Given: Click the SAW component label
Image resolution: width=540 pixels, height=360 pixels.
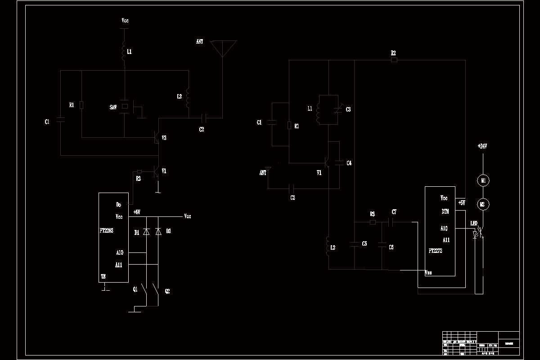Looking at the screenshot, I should click(x=113, y=107).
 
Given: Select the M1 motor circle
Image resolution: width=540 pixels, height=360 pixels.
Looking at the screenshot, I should click(x=483, y=180).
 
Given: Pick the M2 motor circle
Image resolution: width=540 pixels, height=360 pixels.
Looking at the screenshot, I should click(x=483, y=204).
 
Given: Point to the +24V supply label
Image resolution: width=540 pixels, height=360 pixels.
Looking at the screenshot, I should click(x=482, y=146).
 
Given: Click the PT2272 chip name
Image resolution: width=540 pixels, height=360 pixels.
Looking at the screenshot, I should click(x=435, y=251).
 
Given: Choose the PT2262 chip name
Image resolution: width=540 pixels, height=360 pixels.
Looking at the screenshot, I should click(x=107, y=230).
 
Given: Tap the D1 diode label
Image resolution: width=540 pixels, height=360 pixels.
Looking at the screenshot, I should click(x=137, y=232).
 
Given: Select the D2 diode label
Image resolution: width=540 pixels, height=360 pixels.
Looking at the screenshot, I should click(x=168, y=231).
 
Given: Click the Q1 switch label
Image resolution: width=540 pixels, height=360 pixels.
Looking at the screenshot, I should click(x=135, y=289).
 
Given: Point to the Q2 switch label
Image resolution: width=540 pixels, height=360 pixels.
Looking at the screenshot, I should click(x=167, y=291).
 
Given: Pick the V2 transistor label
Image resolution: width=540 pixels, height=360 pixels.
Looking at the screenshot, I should click(x=164, y=138).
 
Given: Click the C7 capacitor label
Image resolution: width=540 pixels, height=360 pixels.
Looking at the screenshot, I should click(x=394, y=211).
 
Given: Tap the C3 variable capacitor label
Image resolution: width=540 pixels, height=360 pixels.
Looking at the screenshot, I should click(x=348, y=109).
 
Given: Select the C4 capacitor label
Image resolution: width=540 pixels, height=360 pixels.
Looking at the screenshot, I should click(x=349, y=163).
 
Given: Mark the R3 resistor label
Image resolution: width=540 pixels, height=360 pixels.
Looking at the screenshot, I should click(x=372, y=214).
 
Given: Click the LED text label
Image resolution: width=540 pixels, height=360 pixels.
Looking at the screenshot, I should click(x=473, y=223).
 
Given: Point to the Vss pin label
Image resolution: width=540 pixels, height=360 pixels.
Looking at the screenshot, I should click(x=428, y=272).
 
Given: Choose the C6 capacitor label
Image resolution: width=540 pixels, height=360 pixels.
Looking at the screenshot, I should click(x=391, y=247).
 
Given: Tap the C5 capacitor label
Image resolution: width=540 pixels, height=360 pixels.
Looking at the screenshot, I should click(x=364, y=243).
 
